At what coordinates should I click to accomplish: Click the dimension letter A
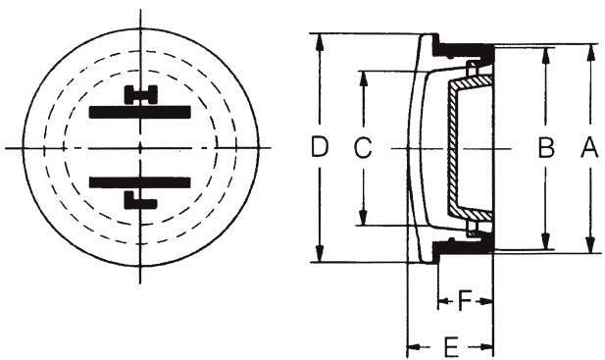[589, 148]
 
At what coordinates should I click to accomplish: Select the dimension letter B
[546, 148]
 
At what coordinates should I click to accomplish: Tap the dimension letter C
[363, 148]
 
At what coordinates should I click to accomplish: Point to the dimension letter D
[320, 147]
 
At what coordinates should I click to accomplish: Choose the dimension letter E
[451, 347]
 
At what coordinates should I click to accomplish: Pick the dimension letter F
[465, 301]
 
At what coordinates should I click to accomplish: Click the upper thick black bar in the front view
[139, 112]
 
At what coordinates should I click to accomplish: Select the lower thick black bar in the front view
[139, 182]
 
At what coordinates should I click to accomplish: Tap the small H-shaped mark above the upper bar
[141, 95]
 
